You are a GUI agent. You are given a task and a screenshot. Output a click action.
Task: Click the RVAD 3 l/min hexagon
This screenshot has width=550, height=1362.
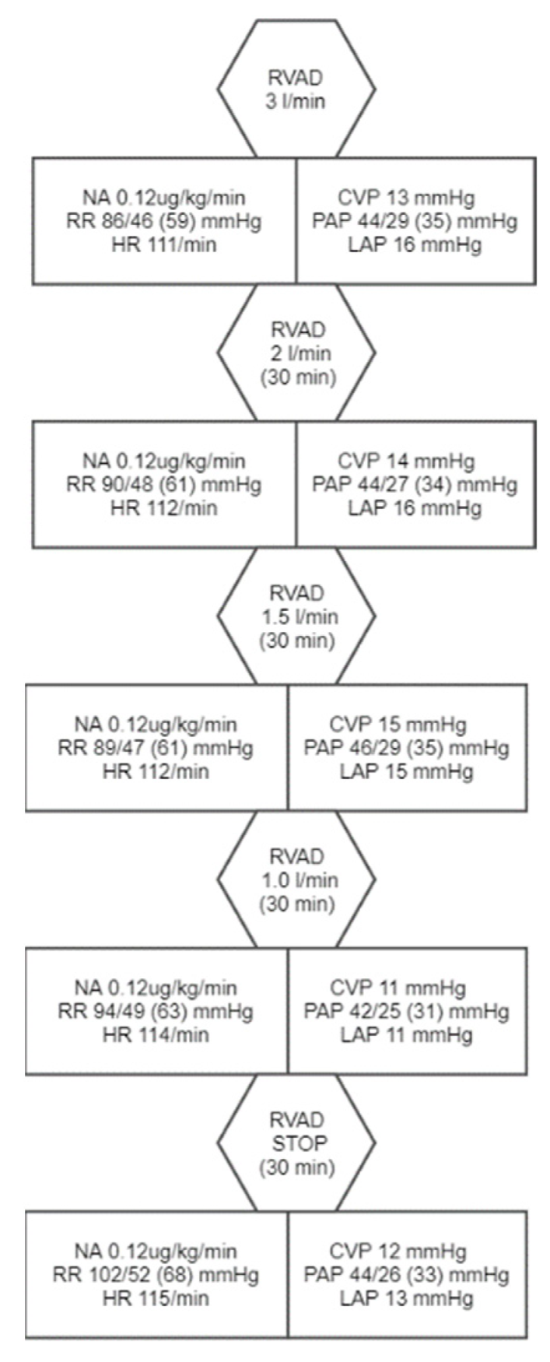pyautogui.click(x=296, y=90)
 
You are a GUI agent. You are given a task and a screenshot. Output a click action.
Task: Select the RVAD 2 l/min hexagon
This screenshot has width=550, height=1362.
pyautogui.click(x=296, y=353)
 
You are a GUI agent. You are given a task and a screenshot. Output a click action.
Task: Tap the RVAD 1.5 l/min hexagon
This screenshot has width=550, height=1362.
pyautogui.click(x=296, y=616)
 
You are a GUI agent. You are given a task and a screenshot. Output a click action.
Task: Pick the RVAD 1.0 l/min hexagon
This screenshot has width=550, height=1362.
pyautogui.click(x=296, y=880)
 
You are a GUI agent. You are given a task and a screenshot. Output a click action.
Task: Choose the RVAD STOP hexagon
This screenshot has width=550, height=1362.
pyautogui.click(x=296, y=1143)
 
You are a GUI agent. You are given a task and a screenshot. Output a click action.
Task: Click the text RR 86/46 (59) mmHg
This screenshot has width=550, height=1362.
pyautogui.click(x=163, y=221)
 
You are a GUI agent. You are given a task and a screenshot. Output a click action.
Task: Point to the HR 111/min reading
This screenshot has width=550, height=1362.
pyautogui.click(x=163, y=244)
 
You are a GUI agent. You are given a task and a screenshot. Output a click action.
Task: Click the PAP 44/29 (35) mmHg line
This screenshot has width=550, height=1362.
pyautogui.click(x=415, y=221)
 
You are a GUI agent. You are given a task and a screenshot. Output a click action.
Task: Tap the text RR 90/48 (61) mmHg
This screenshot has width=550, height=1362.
pyautogui.click(x=163, y=485)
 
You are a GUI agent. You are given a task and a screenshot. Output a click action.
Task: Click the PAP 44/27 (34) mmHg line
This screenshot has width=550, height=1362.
pyautogui.click(x=415, y=485)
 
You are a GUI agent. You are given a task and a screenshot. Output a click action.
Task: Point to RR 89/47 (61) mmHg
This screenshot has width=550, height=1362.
pyautogui.click(x=156, y=748)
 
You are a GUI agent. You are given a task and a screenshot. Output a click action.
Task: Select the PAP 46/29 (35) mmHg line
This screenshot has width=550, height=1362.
pyautogui.click(x=407, y=748)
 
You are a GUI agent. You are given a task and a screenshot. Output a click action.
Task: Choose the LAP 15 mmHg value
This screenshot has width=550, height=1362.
pyautogui.click(x=406, y=771)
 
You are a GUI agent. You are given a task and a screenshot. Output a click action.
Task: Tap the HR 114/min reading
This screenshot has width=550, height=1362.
pyautogui.click(x=156, y=1034)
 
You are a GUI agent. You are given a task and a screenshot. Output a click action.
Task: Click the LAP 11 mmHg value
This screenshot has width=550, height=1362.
pyautogui.click(x=406, y=1034)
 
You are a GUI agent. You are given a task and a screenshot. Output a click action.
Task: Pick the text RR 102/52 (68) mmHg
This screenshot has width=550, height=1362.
pyautogui.click(x=156, y=1275)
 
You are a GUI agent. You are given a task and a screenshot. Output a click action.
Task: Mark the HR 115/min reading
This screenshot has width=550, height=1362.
pyautogui.click(x=156, y=1298)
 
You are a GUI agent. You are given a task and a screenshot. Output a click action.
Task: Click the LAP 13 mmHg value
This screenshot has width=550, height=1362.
pyautogui.click(x=406, y=1298)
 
